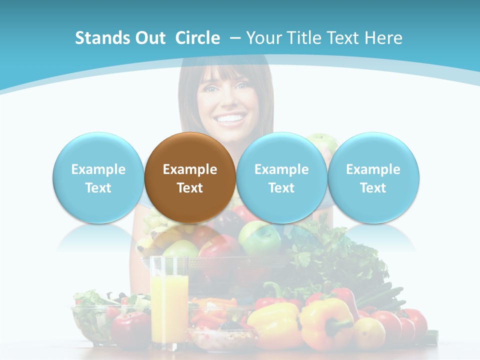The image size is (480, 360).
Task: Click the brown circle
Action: click(x=190, y=178)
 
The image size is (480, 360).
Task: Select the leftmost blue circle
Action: click(x=98, y=178)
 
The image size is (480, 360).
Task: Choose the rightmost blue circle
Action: click(x=373, y=178)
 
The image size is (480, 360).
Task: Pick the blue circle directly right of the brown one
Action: click(x=281, y=178)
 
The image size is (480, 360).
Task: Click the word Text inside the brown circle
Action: click(x=190, y=188)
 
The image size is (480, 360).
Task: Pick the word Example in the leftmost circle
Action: click(x=98, y=169)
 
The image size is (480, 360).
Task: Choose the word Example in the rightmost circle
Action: click(x=373, y=169)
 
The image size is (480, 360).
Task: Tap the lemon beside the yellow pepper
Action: click(x=369, y=333)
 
